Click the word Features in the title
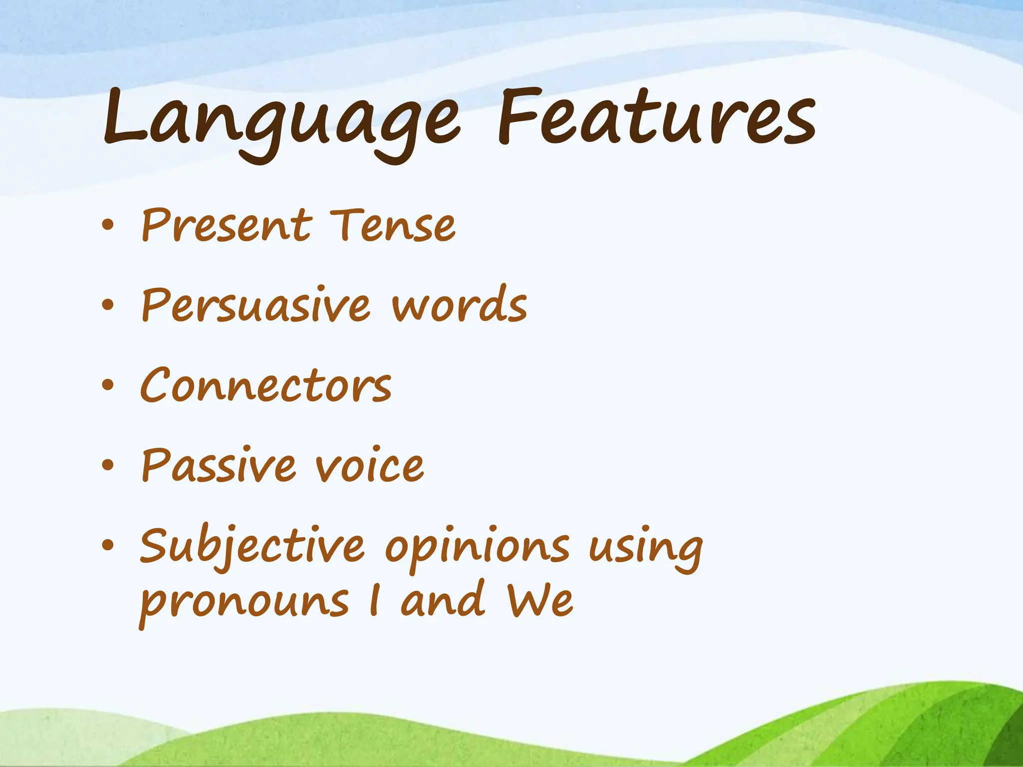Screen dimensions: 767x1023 click(656, 117)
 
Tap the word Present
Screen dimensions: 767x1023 click(227, 226)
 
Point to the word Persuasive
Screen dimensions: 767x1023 click(256, 306)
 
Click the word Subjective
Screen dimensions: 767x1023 click(252, 547)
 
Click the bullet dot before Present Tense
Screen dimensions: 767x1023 click(107, 225)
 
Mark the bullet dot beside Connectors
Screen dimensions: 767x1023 click(107, 385)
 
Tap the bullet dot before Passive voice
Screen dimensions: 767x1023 click(107, 465)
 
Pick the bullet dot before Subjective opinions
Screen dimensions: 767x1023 click(107, 545)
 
